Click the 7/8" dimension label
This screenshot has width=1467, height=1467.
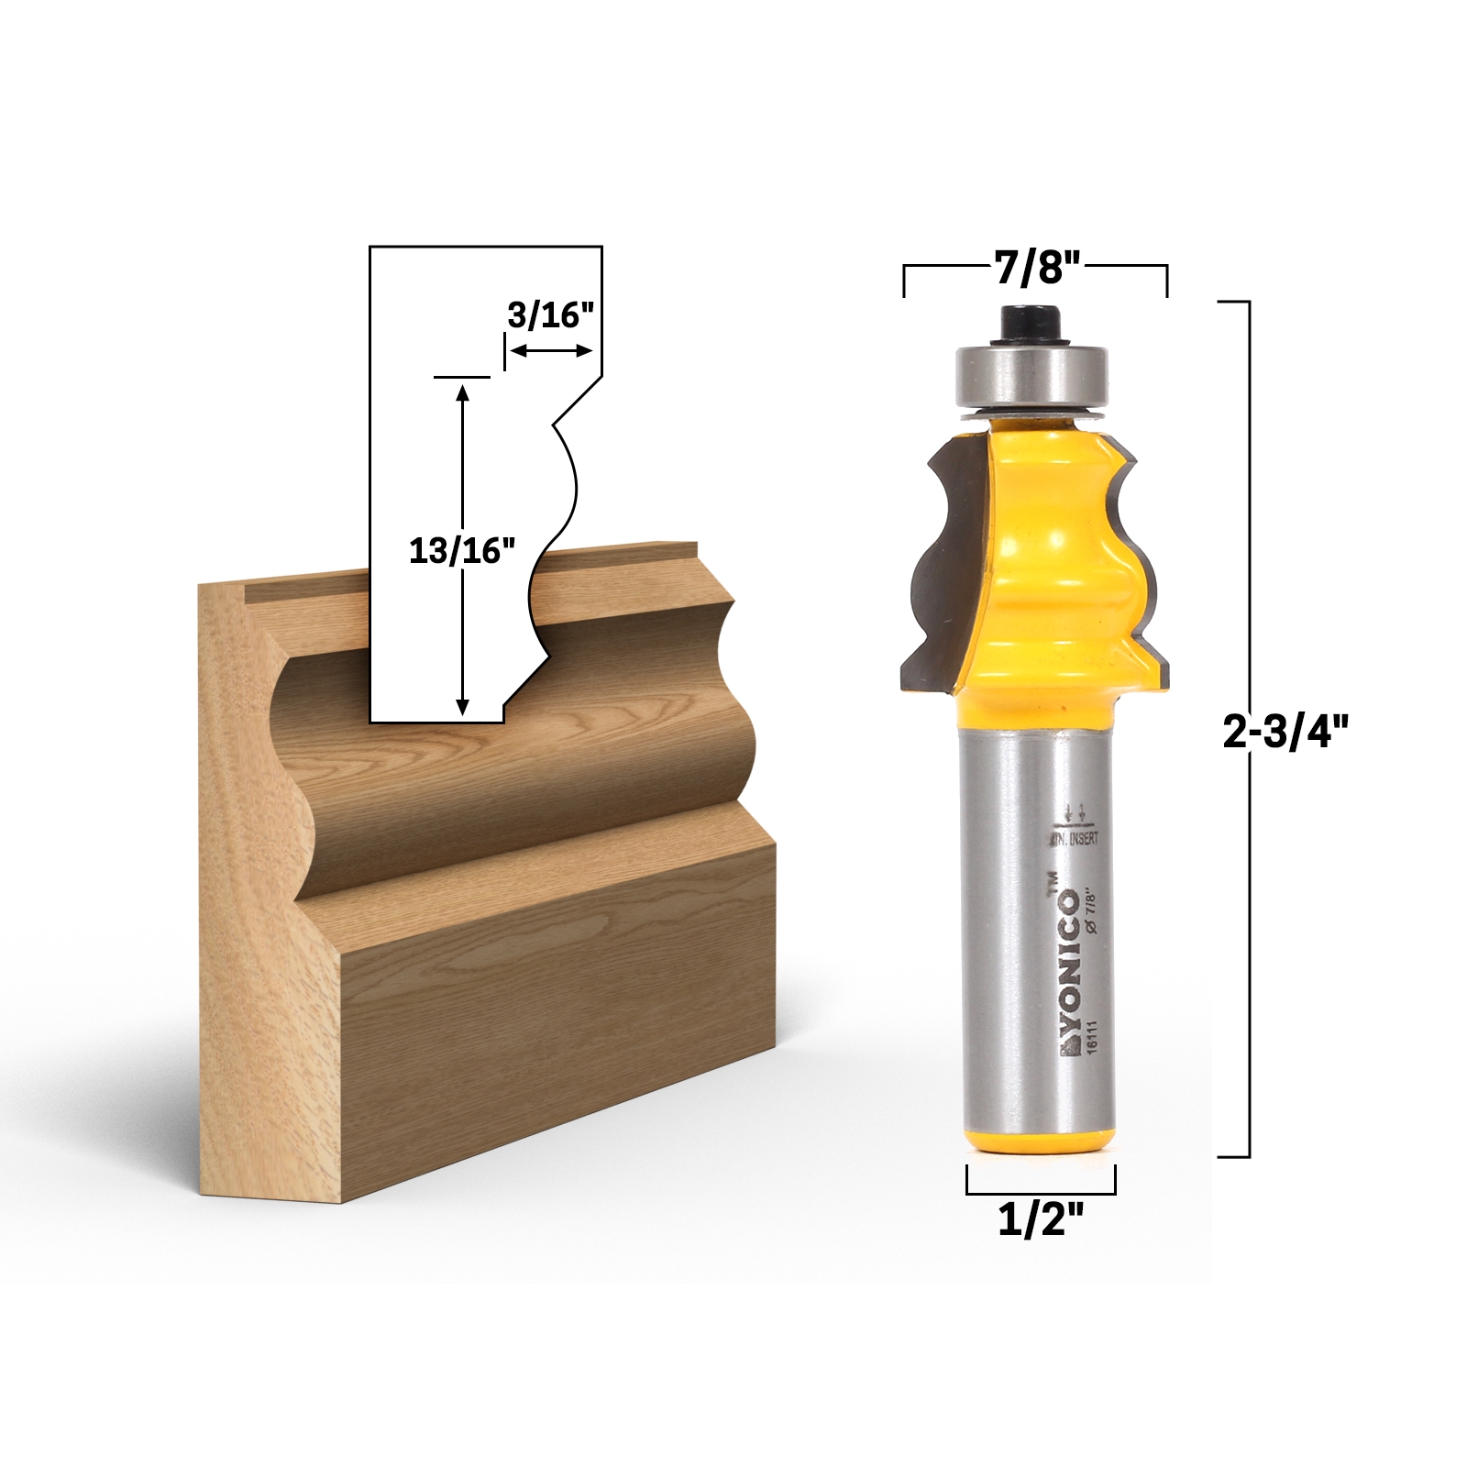pos(1035,269)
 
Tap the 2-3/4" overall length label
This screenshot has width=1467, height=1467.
pos(1286,733)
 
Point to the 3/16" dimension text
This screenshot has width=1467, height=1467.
pos(551,315)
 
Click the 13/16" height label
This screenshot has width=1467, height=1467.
pos(461,550)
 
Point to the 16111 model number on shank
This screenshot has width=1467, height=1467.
pos(1091,1041)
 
